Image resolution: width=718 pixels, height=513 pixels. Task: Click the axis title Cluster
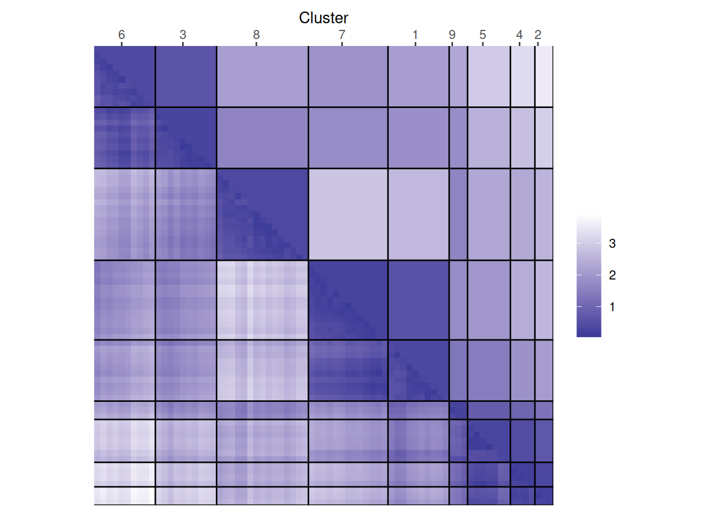(323, 18)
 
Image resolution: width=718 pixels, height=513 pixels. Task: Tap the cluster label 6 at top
(122, 35)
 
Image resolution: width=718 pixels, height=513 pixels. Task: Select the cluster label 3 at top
(183, 35)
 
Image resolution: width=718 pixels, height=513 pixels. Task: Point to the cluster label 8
(256, 35)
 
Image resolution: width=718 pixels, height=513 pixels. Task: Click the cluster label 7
(342, 35)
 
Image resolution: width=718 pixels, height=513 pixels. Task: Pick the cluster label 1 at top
(415, 35)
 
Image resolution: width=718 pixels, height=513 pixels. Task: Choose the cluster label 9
(452, 35)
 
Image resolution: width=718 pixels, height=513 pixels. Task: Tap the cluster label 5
(483, 35)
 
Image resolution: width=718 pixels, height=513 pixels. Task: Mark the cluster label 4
(519, 35)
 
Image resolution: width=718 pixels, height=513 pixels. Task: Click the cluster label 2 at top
(538, 35)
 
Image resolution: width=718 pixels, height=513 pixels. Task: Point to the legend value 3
(612, 244)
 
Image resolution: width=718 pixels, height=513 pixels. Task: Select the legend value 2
(612, 275)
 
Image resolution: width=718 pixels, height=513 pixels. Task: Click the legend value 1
(612, 307)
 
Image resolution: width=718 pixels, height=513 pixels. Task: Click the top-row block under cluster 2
(544, 76)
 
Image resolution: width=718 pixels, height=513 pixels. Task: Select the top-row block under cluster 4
(522, 76)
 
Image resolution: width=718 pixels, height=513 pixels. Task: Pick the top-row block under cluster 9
(458, 76)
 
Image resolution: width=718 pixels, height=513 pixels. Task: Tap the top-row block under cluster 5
(489, 76)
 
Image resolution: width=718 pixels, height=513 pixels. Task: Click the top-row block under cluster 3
(186, 76)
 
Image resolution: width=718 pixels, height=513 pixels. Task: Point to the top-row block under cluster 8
(262, 76)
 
